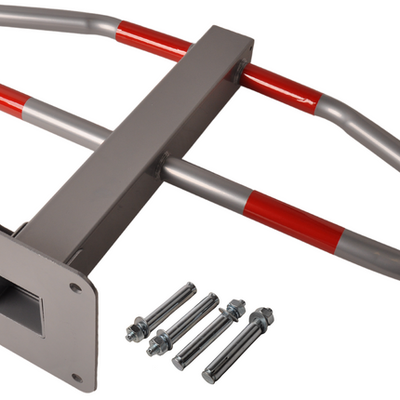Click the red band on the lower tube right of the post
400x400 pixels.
coord(287,218)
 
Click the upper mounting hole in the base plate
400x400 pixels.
coord(74,287)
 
